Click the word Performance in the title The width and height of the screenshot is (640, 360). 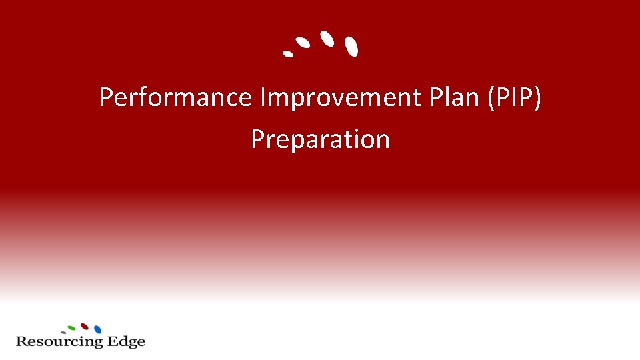click(x=175, y=98)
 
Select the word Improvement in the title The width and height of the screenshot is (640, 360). click(x=339, y=98)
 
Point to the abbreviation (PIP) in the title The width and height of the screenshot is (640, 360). click(x=515, y=98)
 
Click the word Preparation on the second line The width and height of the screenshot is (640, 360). click(x=320, y=139)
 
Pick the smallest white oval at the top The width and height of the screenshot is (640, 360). click(x=288, y=53)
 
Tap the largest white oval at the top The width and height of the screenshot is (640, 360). click(x=351, y=45)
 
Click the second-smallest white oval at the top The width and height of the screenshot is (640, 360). click(x=303, y=42)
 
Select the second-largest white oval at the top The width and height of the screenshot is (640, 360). click(x=326, y=38)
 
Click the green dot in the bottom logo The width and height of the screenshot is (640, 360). click(x=72, y=327)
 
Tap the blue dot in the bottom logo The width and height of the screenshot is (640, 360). click(x=98, y=329)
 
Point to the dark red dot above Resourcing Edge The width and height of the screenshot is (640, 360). click(x=85, y=326)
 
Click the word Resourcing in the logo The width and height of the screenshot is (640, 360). click(x=60, y=342)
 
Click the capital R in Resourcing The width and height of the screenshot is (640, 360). click(x=21, y=341)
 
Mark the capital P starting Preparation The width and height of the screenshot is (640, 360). click(x=258, y=139)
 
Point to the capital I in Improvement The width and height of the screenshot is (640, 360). click(x=263, y=98)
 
